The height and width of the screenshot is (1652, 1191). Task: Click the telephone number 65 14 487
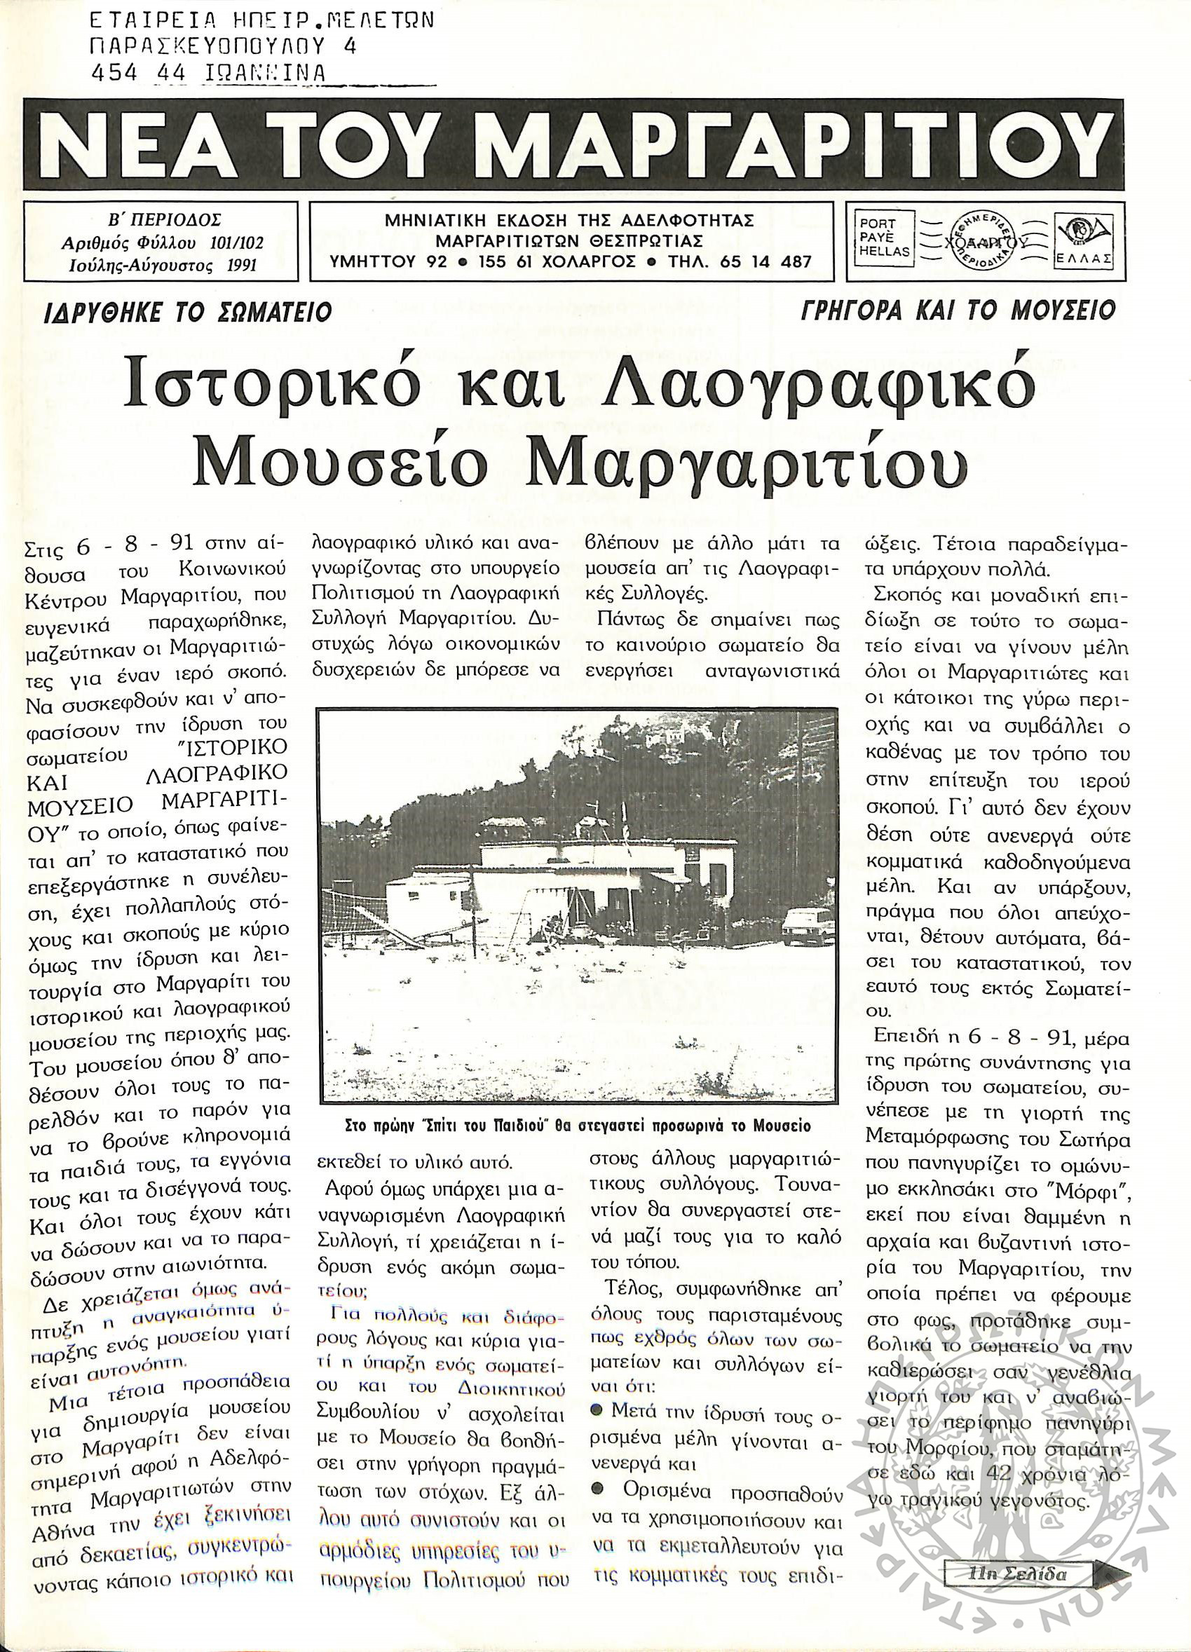coord(761,261)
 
